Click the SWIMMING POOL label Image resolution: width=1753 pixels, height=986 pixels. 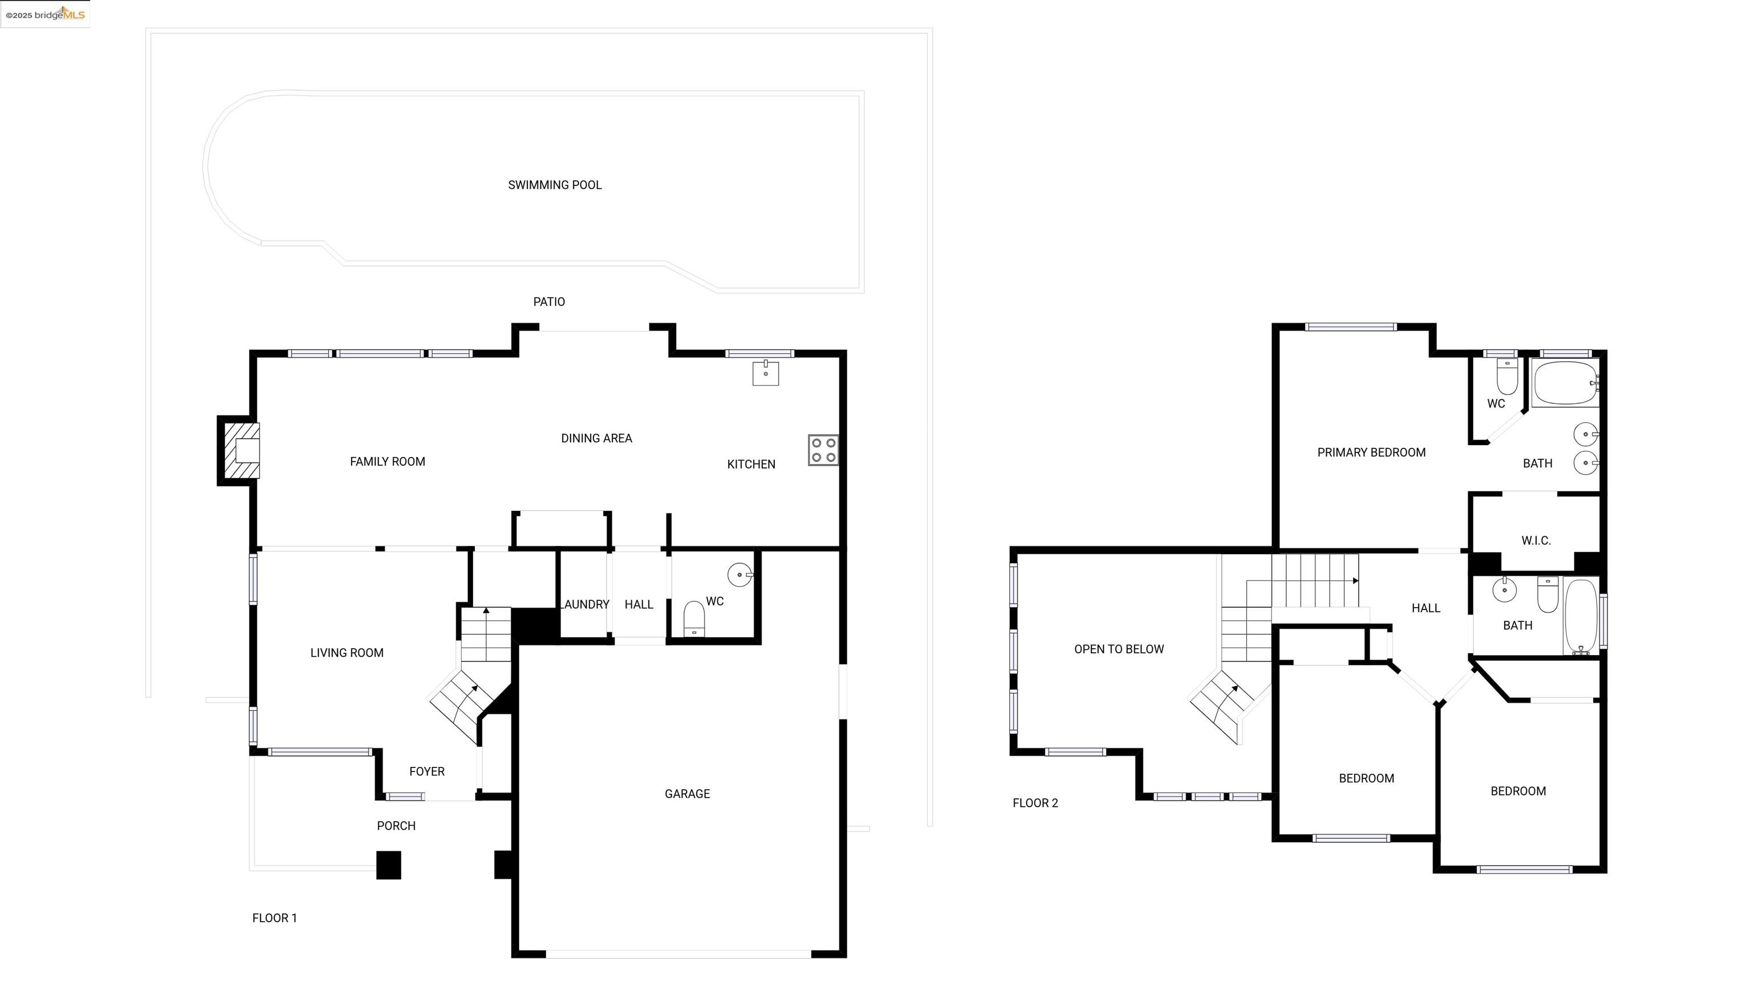click(555, 185)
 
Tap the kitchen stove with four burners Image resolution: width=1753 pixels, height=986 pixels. click(823, 450)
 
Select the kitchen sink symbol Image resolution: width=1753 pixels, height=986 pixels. click(766, 373)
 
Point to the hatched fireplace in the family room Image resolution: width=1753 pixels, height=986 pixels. click(241, 450)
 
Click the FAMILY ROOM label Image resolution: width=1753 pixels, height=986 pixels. click(387, 462)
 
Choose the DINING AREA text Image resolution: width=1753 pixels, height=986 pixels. click(596, 439)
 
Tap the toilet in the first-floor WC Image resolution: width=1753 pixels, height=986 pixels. click(693, 619)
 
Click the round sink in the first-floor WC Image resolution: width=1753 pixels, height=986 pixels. click(740, 575)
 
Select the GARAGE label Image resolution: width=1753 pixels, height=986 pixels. click(687, 794)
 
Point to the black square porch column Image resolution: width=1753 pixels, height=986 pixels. click(389, 866)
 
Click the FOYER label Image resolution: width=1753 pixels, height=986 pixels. click(427, 771)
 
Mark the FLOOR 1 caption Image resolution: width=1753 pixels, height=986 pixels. click(274, 919)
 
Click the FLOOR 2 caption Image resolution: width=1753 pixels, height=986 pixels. click(1035, 803)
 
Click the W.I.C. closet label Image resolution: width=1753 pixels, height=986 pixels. click(1536, 541)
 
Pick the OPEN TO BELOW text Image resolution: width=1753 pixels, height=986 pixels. click(1119, 650)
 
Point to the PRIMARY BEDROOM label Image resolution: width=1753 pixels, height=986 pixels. click(1371, 453)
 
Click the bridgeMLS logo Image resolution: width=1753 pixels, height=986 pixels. click(46, 14)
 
